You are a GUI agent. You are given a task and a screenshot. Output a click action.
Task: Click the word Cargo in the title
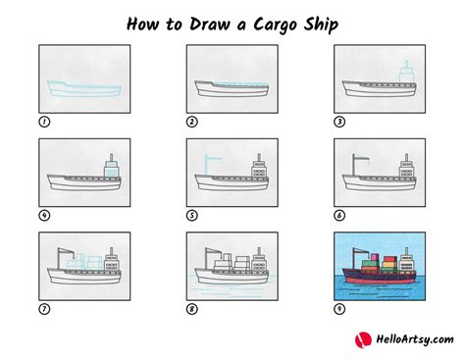click(272, 23)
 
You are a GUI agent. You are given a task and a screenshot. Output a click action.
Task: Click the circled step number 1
click(43, 122)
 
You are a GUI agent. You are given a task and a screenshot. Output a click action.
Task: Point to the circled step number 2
click(191, 122)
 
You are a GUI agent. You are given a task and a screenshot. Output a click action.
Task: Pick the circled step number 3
click(338, 122)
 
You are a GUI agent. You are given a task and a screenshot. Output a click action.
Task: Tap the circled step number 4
click(43, 216)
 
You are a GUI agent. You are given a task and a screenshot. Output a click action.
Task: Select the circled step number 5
click(191, 216)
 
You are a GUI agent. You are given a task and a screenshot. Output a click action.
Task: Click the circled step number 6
click(338, 216)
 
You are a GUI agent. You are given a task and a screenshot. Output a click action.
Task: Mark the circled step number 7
click(43, 309)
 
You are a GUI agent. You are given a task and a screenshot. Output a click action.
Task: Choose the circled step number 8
click(191, 309)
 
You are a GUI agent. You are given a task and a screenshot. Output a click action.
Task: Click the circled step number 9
click(338, 309)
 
